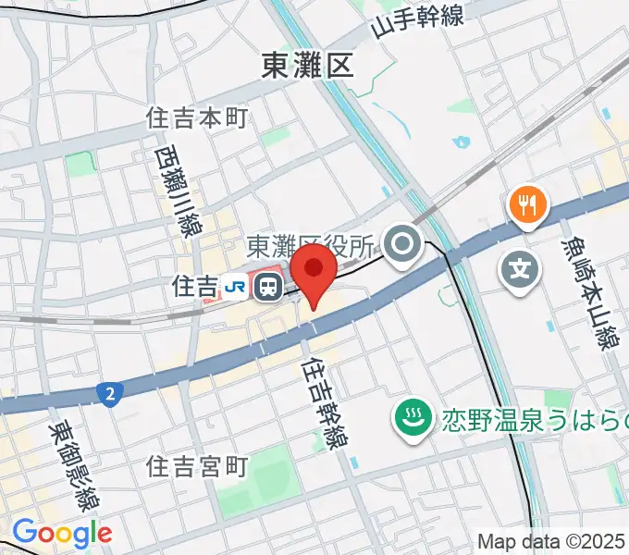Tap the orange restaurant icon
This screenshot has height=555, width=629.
point(527,204)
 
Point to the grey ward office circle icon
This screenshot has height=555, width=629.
point(403,245)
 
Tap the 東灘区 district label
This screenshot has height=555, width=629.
point(308,66)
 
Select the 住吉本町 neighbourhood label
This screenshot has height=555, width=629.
point(199,117)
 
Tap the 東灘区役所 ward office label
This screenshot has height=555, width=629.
point(311,246)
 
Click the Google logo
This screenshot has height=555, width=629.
point(61,533)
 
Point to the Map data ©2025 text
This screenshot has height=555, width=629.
point(550,541)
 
